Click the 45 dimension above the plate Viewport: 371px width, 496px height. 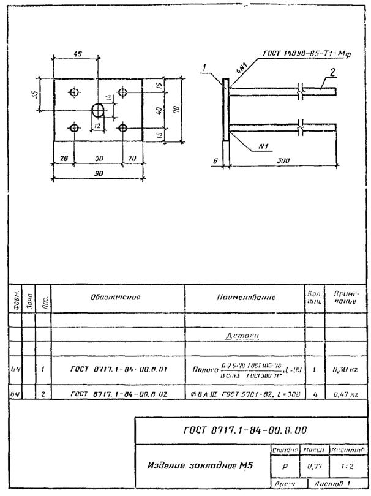pos(77,54)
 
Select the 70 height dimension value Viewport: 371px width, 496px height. pos(176,110)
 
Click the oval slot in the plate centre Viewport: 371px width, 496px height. pos(98,110)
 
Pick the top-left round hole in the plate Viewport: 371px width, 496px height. pos(74,92)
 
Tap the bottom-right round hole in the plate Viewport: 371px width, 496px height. pos(122,128)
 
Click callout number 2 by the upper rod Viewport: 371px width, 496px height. pos(331,72)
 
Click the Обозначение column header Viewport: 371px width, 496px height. pos(116,297)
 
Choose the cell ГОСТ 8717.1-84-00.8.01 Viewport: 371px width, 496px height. pos(116,369)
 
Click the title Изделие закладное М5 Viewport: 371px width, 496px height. pos(200,465)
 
